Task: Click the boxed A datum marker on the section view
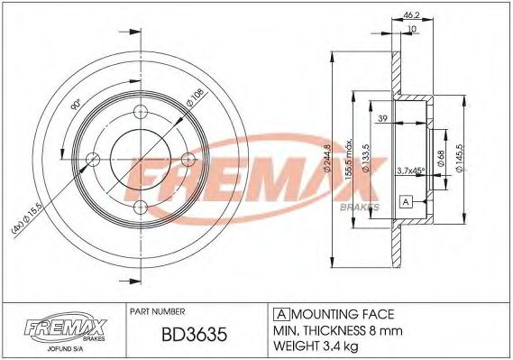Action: tap(406, 202)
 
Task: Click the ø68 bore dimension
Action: tap(441, 159)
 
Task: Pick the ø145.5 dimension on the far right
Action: tap(461, 159)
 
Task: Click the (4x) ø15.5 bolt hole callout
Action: tap(25, 217)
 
